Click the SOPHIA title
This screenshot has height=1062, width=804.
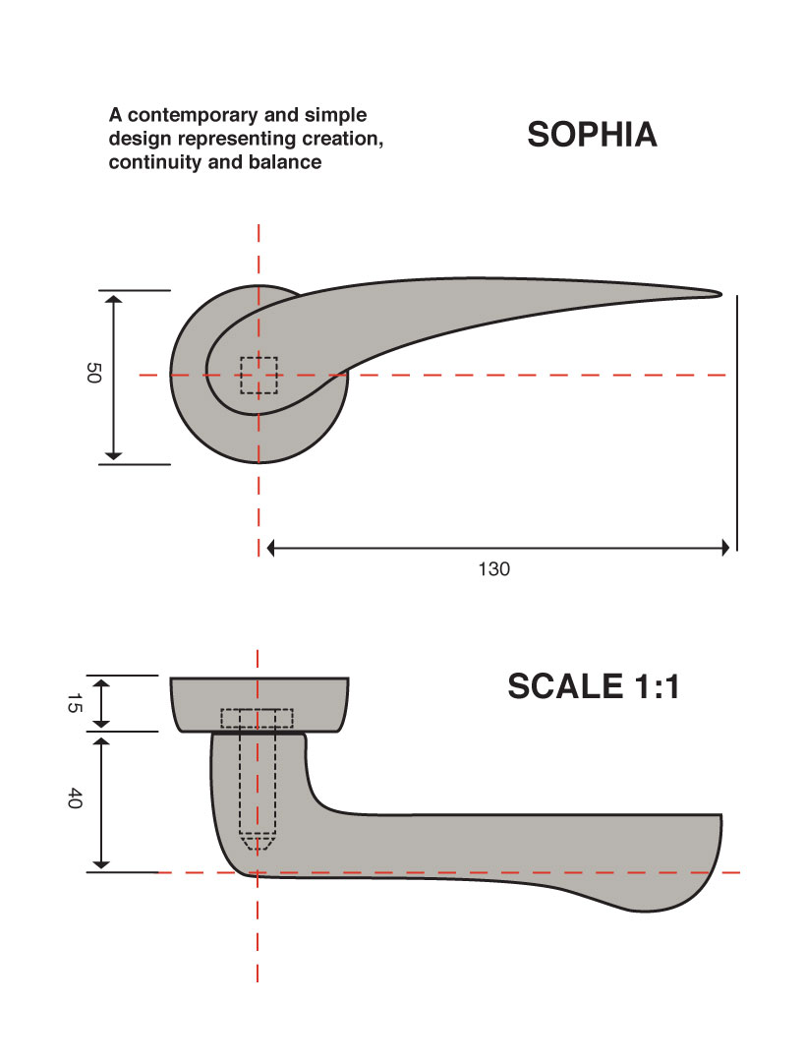(x=592, y=135)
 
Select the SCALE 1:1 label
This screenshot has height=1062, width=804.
(x=594, y=686)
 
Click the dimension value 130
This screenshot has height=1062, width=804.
(x=493, y=569)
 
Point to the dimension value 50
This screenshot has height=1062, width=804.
(x=93, y=374)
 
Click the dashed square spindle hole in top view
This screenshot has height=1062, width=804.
(x=258, y=375)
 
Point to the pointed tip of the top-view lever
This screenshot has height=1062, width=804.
(x=718, y=293)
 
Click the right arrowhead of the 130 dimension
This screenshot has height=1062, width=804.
(x=725, y=547)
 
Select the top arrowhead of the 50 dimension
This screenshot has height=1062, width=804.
(x=113, y=299)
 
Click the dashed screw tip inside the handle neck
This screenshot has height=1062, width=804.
(x=258, y=844)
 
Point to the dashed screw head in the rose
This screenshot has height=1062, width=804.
(x=258, y=719)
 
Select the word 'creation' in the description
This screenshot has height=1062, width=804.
(x=339, y=140)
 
